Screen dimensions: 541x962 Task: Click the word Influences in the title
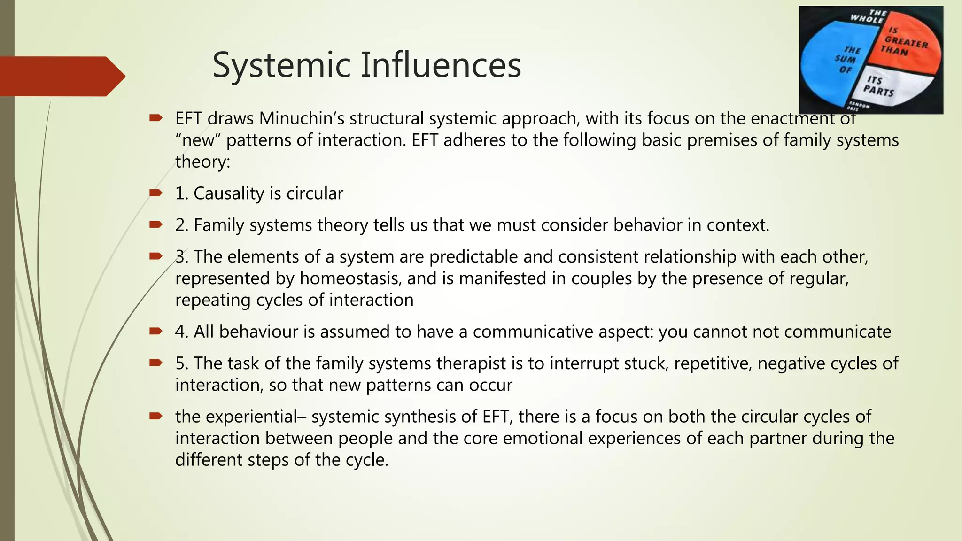coord(441,65)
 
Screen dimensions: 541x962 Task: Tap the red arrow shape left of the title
coord(61,76)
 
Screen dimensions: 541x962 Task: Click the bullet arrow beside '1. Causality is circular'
coord(155,193)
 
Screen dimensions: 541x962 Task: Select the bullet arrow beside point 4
coord(155,331)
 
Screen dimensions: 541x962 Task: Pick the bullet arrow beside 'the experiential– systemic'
coord(155,416)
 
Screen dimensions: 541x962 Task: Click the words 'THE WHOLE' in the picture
coord(869,17)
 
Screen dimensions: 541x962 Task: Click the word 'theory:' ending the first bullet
coord(203,162)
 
